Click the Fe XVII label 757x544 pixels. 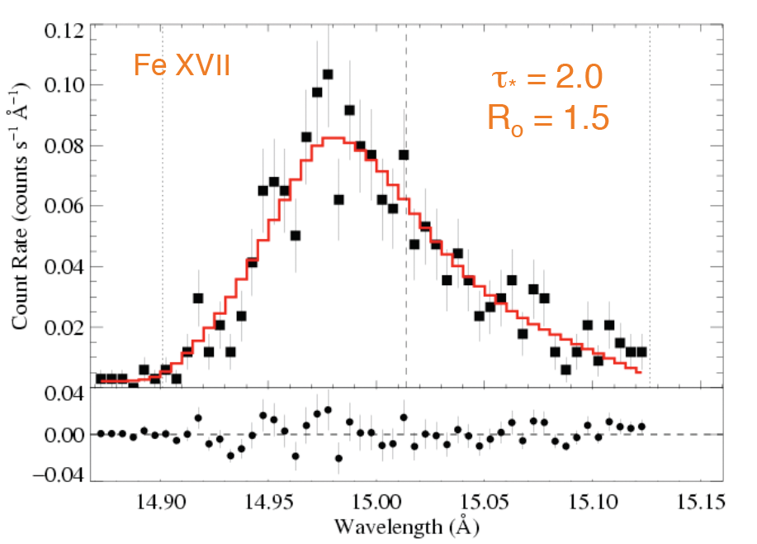point(182,64)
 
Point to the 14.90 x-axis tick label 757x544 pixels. point(162,501)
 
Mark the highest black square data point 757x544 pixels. point(328,74)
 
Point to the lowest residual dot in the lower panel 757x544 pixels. point(338,458)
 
